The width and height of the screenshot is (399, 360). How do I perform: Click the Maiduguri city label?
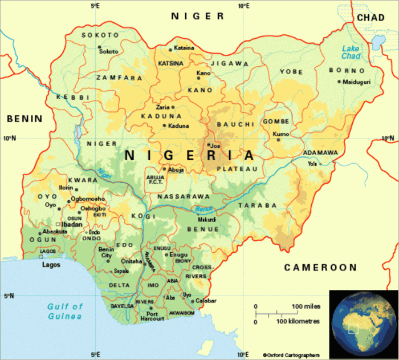357,82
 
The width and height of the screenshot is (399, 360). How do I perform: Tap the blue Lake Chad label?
351,52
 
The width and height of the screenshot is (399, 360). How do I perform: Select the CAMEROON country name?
320,267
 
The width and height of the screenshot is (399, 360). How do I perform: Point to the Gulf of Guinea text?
64,311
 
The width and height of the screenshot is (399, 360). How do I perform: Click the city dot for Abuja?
165,169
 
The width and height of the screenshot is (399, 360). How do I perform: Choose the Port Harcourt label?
152,317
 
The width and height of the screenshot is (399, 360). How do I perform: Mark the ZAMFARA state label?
119,78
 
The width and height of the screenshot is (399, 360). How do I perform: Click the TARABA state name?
257,205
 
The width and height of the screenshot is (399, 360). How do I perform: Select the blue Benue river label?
203,209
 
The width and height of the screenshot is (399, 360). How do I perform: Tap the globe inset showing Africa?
363,323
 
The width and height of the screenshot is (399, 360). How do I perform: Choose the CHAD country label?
370,18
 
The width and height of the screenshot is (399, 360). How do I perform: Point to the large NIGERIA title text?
189,155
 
